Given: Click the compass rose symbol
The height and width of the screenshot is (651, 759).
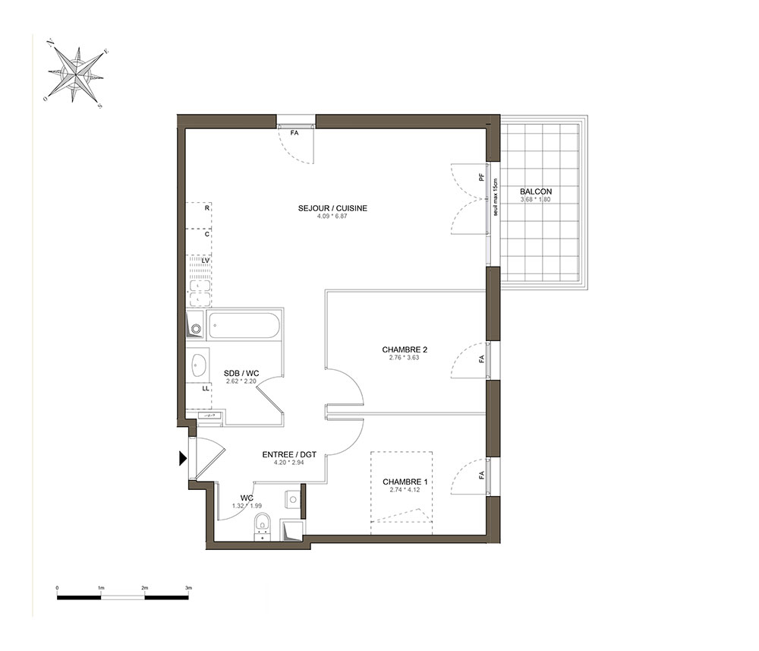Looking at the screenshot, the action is [x=76, y=74].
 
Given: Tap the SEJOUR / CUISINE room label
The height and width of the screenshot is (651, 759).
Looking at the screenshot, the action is [x=332, y=208].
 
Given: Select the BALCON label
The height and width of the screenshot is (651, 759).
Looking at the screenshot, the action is [x=536, y=192].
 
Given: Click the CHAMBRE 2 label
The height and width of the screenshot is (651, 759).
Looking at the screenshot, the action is [x=405, y=349].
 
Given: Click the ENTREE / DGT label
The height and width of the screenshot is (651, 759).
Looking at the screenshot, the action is [x=289, y=455].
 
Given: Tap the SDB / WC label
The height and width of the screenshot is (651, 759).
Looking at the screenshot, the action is [x=241, y=374].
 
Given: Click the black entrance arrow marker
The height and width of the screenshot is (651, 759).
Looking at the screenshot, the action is [x=182, y=458].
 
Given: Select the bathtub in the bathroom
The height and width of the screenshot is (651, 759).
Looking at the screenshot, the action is [x=244, y=326].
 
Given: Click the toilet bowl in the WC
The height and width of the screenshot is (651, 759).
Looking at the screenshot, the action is [x=263, y=526].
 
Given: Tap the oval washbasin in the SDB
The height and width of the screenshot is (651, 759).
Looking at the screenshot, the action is [x=199, y=365].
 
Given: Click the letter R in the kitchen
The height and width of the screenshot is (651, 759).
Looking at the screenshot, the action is [x=207, y=208].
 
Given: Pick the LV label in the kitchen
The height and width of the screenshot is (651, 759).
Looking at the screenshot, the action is [x=206, y=261].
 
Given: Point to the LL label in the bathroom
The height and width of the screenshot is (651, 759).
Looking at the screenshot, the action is [x=206, y=388].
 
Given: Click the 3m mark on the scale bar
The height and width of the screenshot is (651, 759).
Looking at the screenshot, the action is [x=189, y=588].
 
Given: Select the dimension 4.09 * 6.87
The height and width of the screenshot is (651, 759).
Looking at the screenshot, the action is [x=332, y=216].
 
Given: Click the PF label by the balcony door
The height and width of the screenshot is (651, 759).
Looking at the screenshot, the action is [x=482, y=177].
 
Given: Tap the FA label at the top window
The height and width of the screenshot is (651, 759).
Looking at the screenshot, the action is [x=294, y=133].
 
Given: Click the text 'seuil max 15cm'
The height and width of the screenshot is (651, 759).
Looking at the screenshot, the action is [x=495, y=198].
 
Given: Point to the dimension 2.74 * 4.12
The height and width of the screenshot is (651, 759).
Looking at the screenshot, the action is [x=405, y=490].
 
